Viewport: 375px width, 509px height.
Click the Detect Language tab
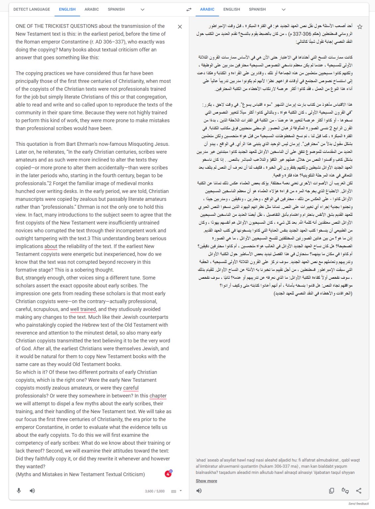pyautogui.click(x=31, y=9)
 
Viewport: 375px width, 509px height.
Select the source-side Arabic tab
pyautogui.click(x=92, y=9)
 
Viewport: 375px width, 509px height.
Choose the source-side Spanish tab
pyautogui.click(x=116, y=9)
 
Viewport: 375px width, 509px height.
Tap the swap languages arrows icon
pyautogui.click(x=189, y=10)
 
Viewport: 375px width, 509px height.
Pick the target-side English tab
pyautogui.click(x=231, y=9)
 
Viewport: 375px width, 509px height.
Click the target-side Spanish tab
pyautogui.click(x=257, y=9)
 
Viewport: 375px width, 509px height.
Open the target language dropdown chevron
pyautogui.click(x=283, y=10)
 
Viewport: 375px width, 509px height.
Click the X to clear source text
pyautogui.click(x=180, y=27)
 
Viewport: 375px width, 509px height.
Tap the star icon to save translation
pyautogui.click(x=360, y=27)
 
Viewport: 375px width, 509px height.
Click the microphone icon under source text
pyautogui.click(x=19, y=490)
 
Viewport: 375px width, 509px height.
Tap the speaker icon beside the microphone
pyautogui.click(x=32, y=490)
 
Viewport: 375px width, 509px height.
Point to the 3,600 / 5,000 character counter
pyautogui.click(x=155, y=491)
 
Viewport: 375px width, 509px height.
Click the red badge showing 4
pyautogui.click(x=168, y=474)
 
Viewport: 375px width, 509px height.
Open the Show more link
pyautogui.click(x=206, y=481)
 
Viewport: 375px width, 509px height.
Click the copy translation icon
pyautogui.click(x=331, y=490)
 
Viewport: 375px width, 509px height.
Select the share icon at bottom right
pyautogui.click(x=358, y=490)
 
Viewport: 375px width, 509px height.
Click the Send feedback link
pyautogui.click(x=358, y=504)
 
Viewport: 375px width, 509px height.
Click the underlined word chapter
pyautogui.click(x=158, y=396)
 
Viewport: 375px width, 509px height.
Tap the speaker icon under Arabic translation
pyautogui.click(x=199, y=490)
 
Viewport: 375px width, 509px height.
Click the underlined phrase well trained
pyautogui.click(x=83, y=309)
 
